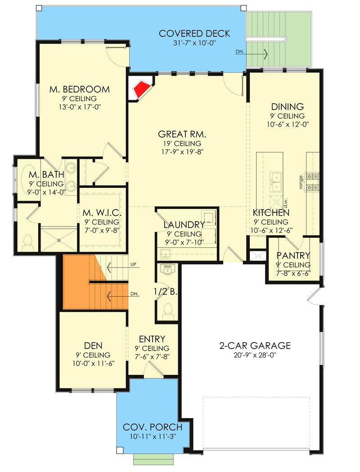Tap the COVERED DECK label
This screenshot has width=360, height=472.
194,34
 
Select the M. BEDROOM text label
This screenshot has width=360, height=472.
80,89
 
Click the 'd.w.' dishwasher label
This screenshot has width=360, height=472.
285,202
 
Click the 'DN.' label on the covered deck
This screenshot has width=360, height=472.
240,52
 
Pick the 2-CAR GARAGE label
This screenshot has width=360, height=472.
255,346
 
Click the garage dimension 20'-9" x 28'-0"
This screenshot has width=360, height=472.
255,355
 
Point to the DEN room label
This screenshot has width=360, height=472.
93,346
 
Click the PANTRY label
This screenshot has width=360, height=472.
293,256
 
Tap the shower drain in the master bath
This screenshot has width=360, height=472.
58,240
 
